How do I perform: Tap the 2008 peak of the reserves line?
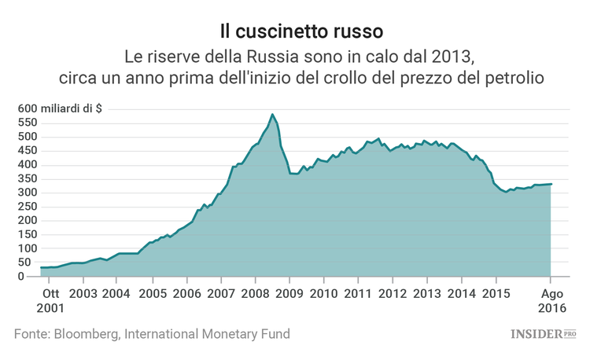click(x=272, y=115)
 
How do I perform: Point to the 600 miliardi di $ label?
click(x=58, y=108)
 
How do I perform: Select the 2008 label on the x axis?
click(x=255, y=293)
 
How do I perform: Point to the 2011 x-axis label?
click(x=358, y=293)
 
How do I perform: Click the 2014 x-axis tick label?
click(x=461, y=293)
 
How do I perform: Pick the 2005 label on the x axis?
click(x=152, y=293)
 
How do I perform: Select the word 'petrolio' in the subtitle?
click(x=513, y=79)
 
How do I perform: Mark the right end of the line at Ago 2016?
click(x=551, y=184)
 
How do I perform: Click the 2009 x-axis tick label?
click(x=289, y=293)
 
